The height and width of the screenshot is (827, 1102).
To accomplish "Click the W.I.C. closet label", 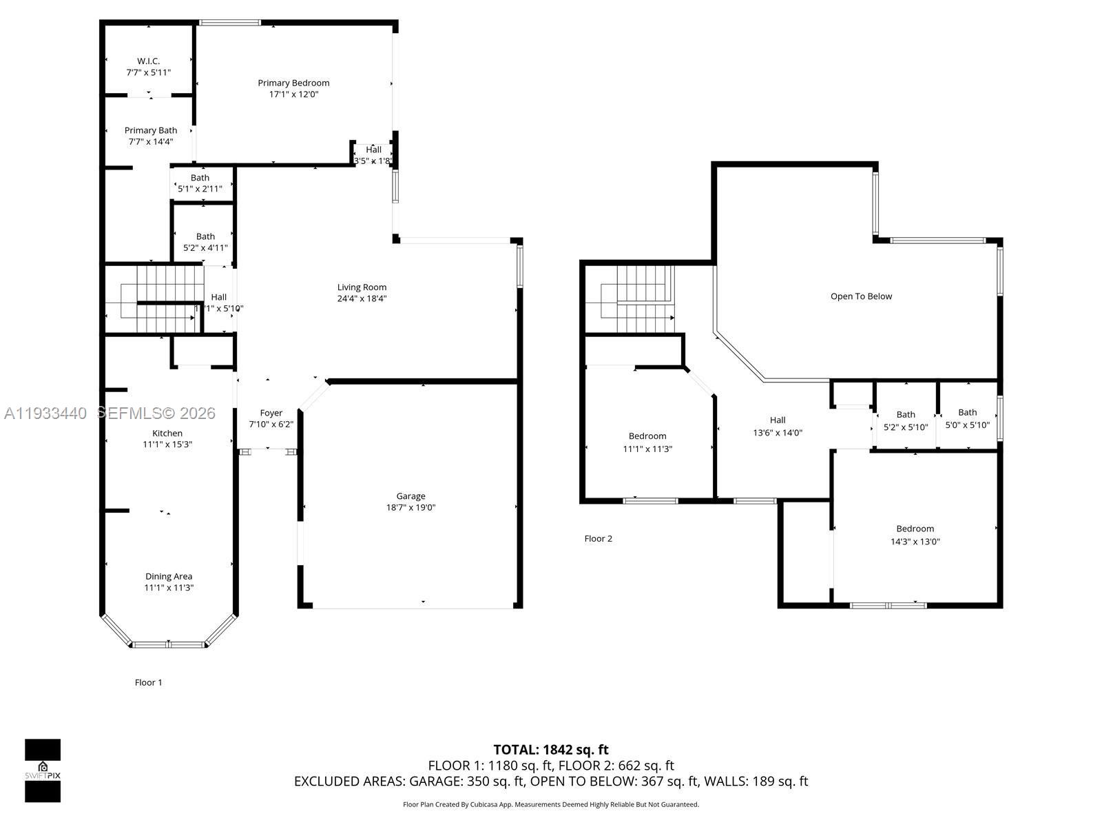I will pyautogui.click(x=148, y=61).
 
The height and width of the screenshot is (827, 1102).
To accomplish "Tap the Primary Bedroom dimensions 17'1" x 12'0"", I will pyautogui.click(x=293, y=94).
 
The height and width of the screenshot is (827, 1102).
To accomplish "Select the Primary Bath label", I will pyautogui.click(x=151, y=130).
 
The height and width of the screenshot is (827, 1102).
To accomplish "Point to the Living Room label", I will pyautogui.click(x=362, y=287).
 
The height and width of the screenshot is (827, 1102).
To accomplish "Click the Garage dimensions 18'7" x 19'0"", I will pyautogui.click(x=410, y=508).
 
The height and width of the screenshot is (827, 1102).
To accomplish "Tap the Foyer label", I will pyautogui.click(x=271, y=413).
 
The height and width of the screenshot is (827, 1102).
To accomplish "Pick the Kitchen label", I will pyautogui.click(x=167, y=433).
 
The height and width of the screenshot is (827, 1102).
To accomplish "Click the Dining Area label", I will pyautogui.click(x=168, y=577).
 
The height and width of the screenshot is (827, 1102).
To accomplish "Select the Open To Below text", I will pyautogui.click(x=861, y=296).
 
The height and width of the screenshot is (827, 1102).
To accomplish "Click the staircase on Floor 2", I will pyautogui.click(x=637, y=300).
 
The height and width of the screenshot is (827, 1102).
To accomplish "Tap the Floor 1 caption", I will pyautogui.click(x=148, y=682).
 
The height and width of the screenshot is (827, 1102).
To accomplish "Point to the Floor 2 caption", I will pyautogui.click(x=598, y=539).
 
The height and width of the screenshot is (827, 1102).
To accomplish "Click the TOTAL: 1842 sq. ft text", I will pyautogui.click(x=551, y=750).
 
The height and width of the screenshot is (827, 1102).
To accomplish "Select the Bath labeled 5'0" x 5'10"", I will pyautogui.click(x=967, y=419).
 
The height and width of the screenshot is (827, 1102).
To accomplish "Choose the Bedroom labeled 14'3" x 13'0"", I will pyautogui.click(x=915, y=535).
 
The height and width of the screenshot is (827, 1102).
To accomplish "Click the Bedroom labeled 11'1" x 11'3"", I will pyautogui.click(x=647, y=442).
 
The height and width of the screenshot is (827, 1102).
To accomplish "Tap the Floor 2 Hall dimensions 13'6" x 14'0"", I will pyautogui.click(x=777, y=433).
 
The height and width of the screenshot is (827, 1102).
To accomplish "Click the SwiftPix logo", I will pyautogui.click(x=43, y=770).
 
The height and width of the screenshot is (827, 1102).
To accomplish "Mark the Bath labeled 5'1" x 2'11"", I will pyautogui.click(x=200, y=183).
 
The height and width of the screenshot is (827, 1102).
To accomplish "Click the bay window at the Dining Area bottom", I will pyautogui.click(x=169, y=644).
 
